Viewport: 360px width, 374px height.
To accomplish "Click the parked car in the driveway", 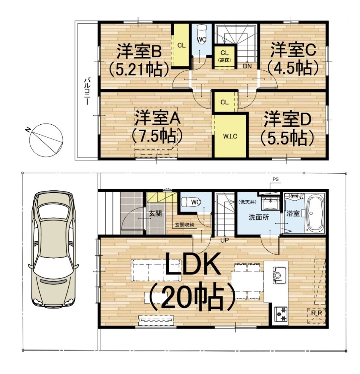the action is [x=53, y=249].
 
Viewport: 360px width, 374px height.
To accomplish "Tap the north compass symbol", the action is [x=46, y=140].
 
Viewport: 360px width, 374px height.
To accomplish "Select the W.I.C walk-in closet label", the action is [x=230, y=137].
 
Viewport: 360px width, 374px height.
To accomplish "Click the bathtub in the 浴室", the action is [x=315, y=214].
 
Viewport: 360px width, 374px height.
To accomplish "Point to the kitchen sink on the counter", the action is [x=277, y=275].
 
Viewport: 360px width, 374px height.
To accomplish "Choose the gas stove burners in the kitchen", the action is [x=281, y=314].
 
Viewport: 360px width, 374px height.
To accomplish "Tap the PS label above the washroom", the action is [x=275, y=179].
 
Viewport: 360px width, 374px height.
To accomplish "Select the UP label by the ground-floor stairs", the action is [x=224, y=240].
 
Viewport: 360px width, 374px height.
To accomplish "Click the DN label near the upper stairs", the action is [x=247, y=66].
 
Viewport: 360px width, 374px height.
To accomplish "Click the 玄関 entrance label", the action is [x=155, y=214].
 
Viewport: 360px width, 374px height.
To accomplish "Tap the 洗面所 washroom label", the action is [x=259, y=217].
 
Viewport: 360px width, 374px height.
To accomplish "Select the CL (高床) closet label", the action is [x=224, y=56].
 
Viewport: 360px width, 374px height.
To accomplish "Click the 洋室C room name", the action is [x=293, y=50].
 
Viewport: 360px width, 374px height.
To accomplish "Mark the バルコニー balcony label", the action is [x=87, y=91].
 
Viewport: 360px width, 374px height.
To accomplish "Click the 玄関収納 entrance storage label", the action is [x=185, y=225].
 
